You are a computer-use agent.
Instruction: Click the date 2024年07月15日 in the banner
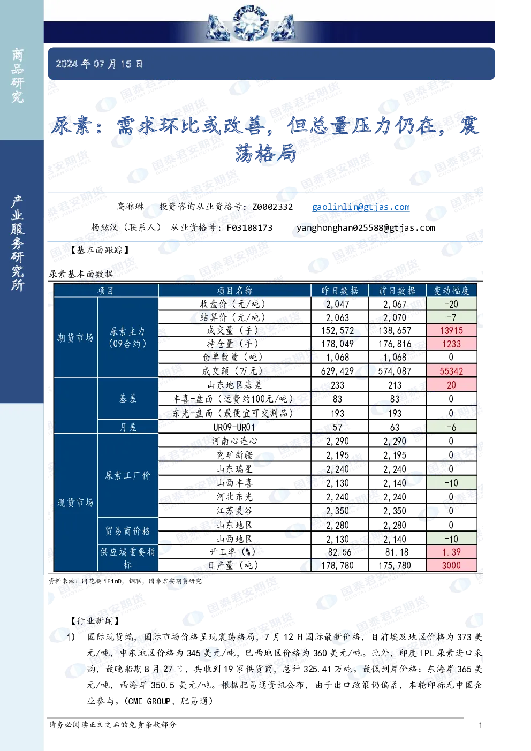pyautogui.click(x=99, y=64)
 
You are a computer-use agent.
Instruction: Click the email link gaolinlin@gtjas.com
pyautogui.click(x=361, y=207)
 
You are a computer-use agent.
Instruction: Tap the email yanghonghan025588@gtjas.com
pyautogui.click(x=366, y=227)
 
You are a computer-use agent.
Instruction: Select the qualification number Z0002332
pyautogui.click(x=272, y=207)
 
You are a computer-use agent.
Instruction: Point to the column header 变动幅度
pyautogui.click(x=451, y=290)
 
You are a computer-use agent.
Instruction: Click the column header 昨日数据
pyautogui.click(x=339, y=290)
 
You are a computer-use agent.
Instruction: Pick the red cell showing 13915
pyautogui.click(x=451, y=331)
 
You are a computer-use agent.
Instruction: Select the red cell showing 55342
pyautogui.click(x=451, y=371)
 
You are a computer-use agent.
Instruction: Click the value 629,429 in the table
pyautogui.click(x=337, y=371)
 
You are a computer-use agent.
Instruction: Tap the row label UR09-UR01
pyautogui.click(x=234, y=428)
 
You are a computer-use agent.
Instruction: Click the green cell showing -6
pyautogui.click(x=451, y=427)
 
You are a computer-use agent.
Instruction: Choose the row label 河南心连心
pyautogui.click(x=234, y=441)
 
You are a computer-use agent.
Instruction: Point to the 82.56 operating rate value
pyautogui.click(x=339, y=552)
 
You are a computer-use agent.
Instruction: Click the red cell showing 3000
pyautogui.click(x=451, y=566)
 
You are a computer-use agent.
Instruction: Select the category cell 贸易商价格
pyautogui.click(x=128, y=531)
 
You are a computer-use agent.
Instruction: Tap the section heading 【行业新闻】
pyautogui.click(x=95, y=621)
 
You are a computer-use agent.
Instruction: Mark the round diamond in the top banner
pyautogui.click(x=250, y=23)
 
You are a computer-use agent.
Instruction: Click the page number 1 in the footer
pyautogui.click(x=480, y=725)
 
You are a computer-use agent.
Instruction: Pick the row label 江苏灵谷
pyautogui.click(x=234, y=511)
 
